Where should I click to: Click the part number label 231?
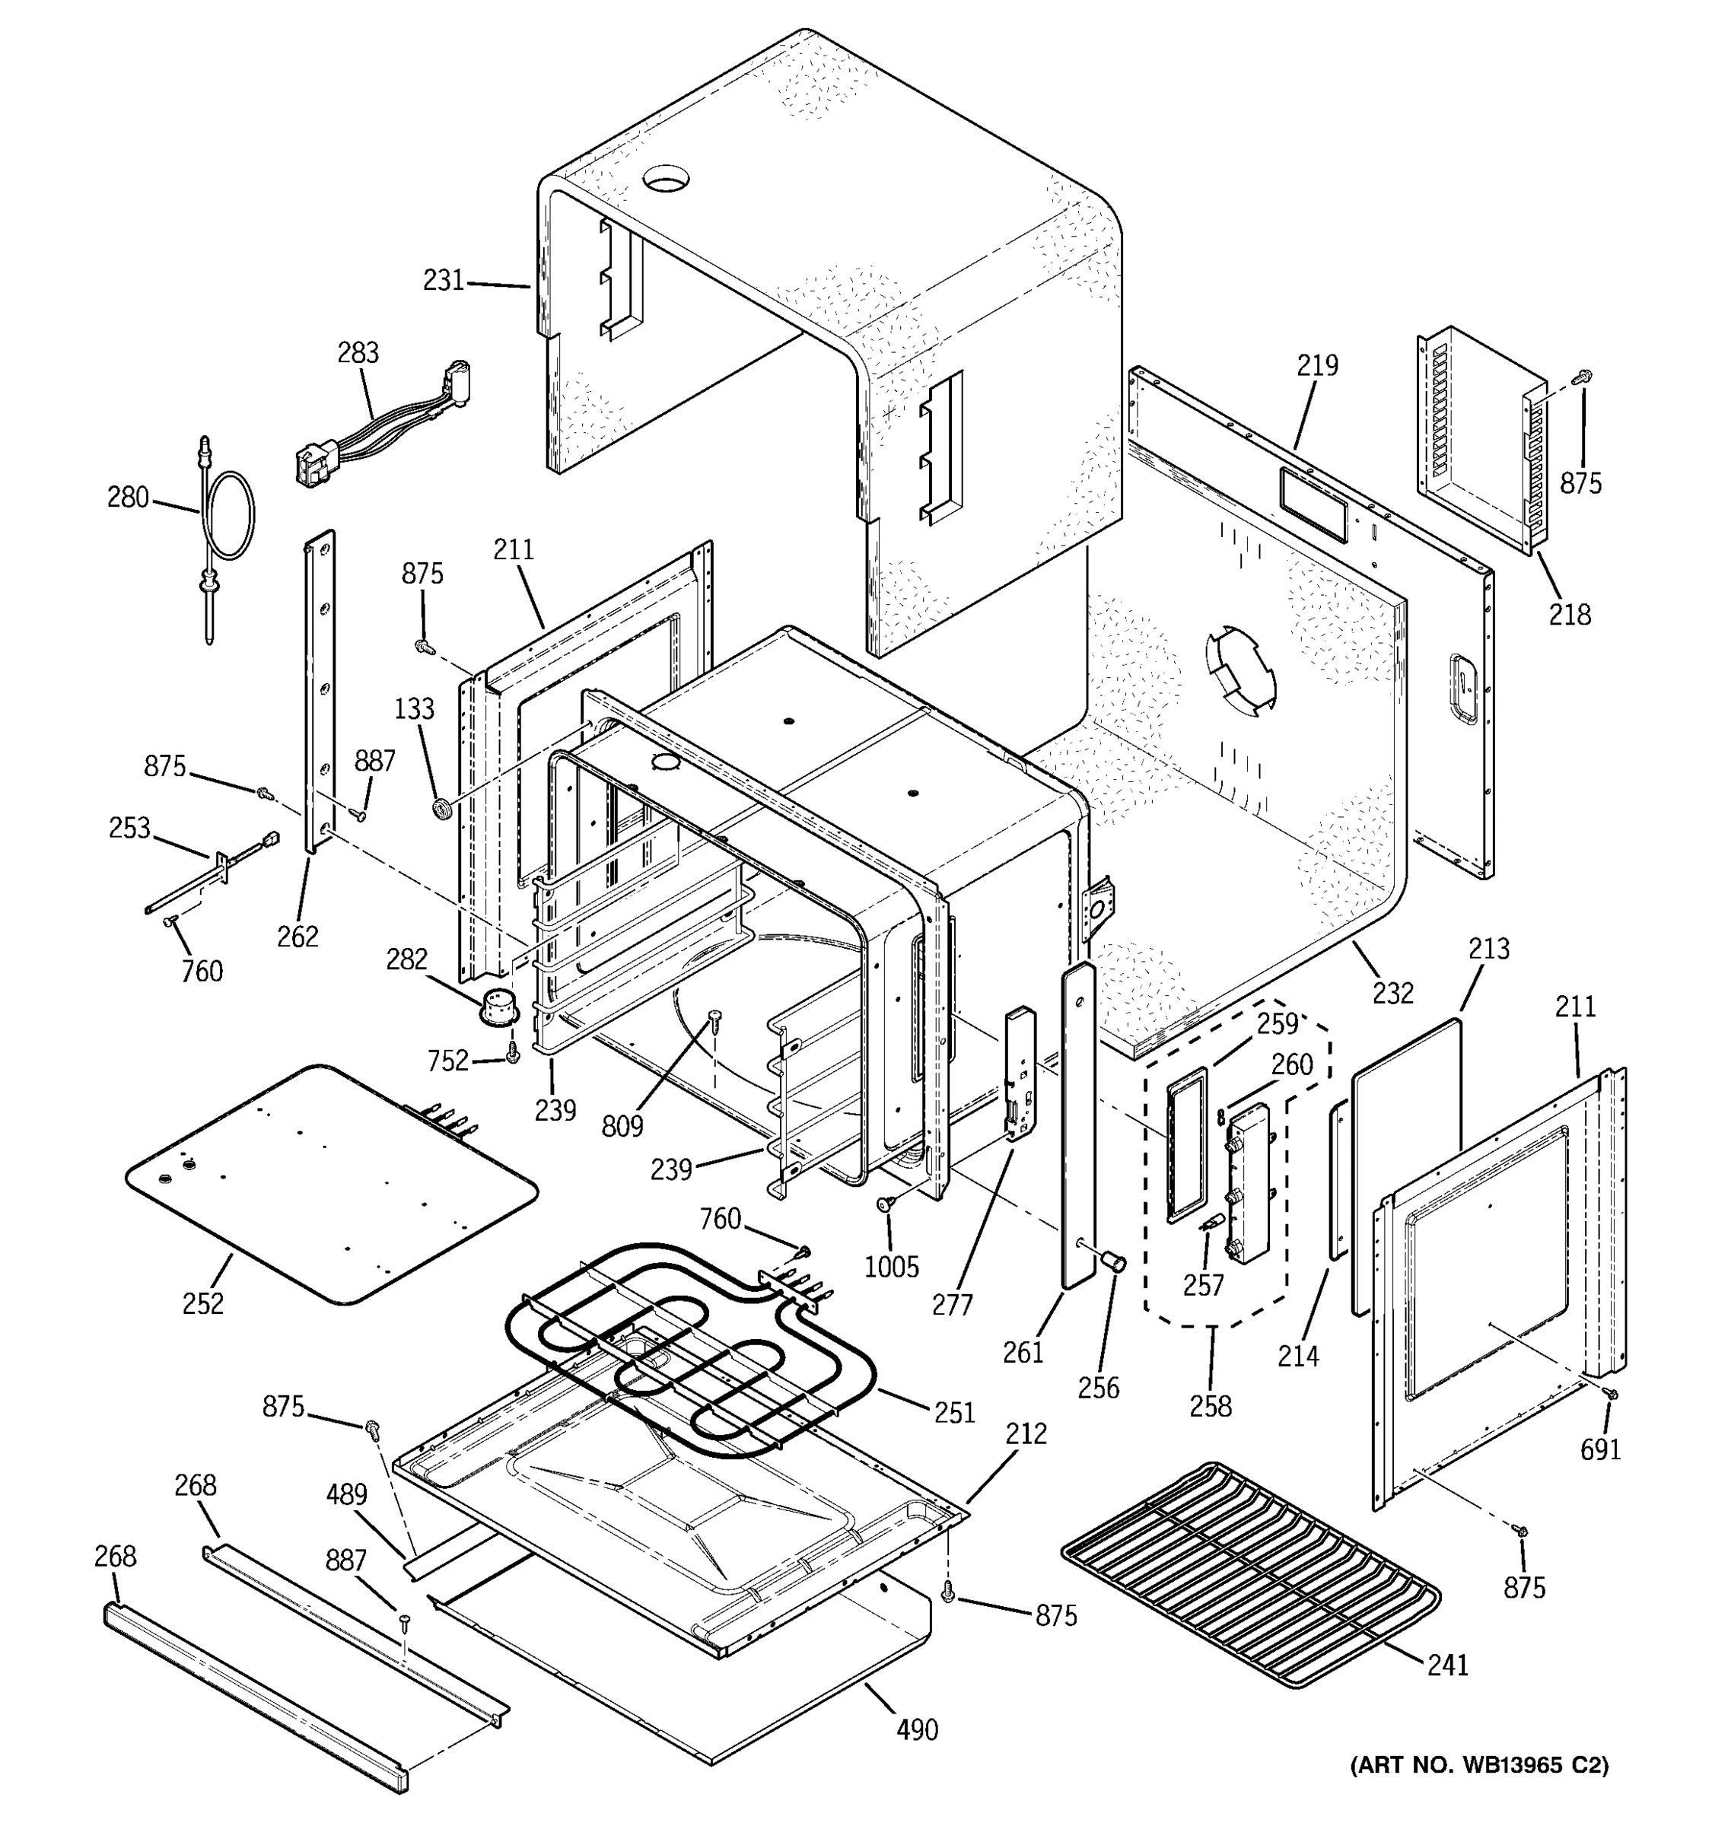(x=444, y=279)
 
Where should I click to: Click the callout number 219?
(x=1317, y=365)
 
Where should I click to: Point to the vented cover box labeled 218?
(x=1478, y=441)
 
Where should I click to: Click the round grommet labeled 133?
(x=443, y=808)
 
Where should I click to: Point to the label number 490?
(x=917, y=1729)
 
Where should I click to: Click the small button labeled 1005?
(x=887, y=1203)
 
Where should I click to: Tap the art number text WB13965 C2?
(x=1478, y=1764)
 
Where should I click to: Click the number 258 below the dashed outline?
(x=1211, y=1405)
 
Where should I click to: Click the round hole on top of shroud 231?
(x=666, y=177)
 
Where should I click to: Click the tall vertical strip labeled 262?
(x=319, y=689)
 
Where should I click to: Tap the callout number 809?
(x=622, y=1126)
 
